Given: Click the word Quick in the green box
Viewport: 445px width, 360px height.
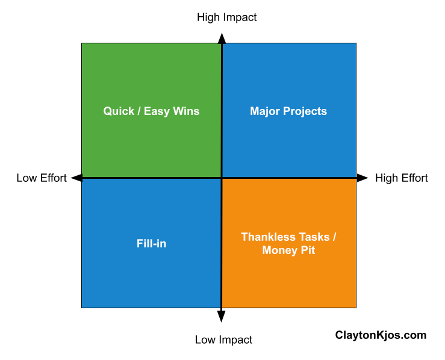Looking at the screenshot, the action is click(x=118, y=111).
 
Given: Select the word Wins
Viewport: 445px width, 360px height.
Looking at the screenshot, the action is click(x=186, y=111).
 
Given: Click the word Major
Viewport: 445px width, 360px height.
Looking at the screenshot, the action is click(x=265, y=111).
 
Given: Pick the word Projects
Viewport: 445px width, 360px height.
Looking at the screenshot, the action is click(x=305, y=112).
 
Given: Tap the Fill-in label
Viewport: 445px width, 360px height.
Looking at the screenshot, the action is click(x=151, y=244).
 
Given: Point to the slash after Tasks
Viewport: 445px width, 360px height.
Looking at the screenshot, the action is click(x=334, y=237).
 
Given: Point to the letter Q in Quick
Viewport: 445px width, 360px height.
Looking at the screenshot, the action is click(x=107, y=111).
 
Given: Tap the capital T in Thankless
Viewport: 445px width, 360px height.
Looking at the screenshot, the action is click(x=244, y=237).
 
